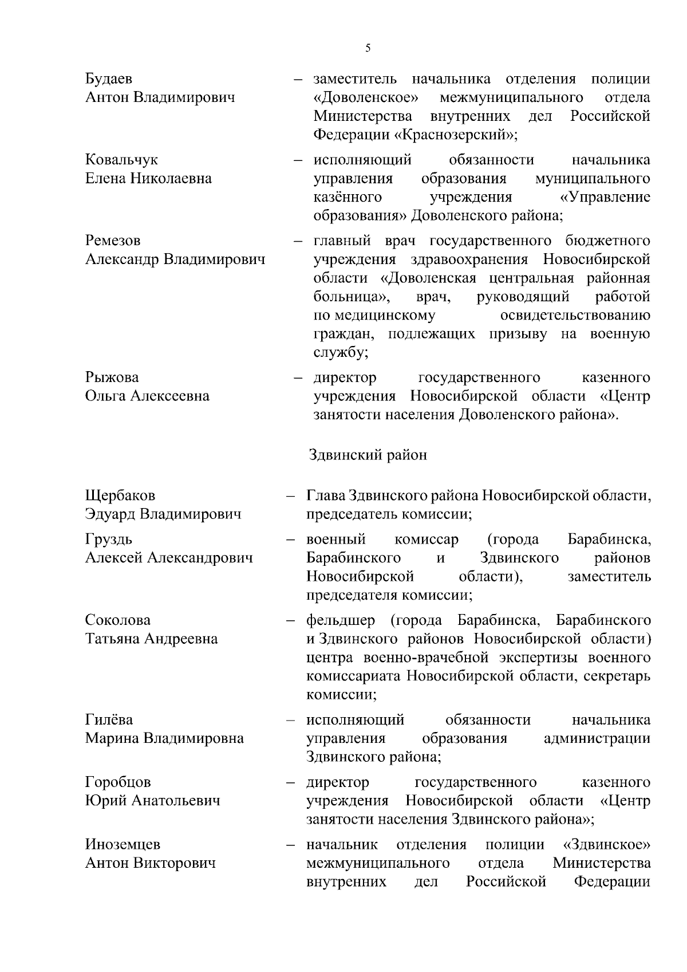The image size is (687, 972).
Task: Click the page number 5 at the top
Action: pyautogui.click(x=368, y=48)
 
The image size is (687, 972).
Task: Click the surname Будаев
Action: pyautogui.click(x=109, y=79)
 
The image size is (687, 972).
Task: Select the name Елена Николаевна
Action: pyautogui.click(x=148, y=178)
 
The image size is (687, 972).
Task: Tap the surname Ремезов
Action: pyautogui.click(x=113, y=241)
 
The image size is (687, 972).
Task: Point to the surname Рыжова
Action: pyautogui.click(x=112, y=377)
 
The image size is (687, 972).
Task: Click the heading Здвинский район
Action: pyautogui.click(x=368, y=455)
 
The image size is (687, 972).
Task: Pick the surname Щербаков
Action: pyautogui.click(x=120, y=495)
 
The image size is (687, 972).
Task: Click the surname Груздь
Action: pyautogui.click(x=109, y=539)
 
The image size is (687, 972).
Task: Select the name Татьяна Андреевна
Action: pyautogui.click(x=151, y=639)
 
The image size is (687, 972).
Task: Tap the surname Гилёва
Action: pyautogui.click(x=109, y=720)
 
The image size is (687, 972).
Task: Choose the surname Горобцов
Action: pyautogui.click(x=118, y=782)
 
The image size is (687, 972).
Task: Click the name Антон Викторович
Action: pyautogui.click(x=150, y=863)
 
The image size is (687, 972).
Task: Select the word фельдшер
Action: pyautogui.click(x=341, y=620)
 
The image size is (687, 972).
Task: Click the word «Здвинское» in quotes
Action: pyautogui.click(x=607, y=844)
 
